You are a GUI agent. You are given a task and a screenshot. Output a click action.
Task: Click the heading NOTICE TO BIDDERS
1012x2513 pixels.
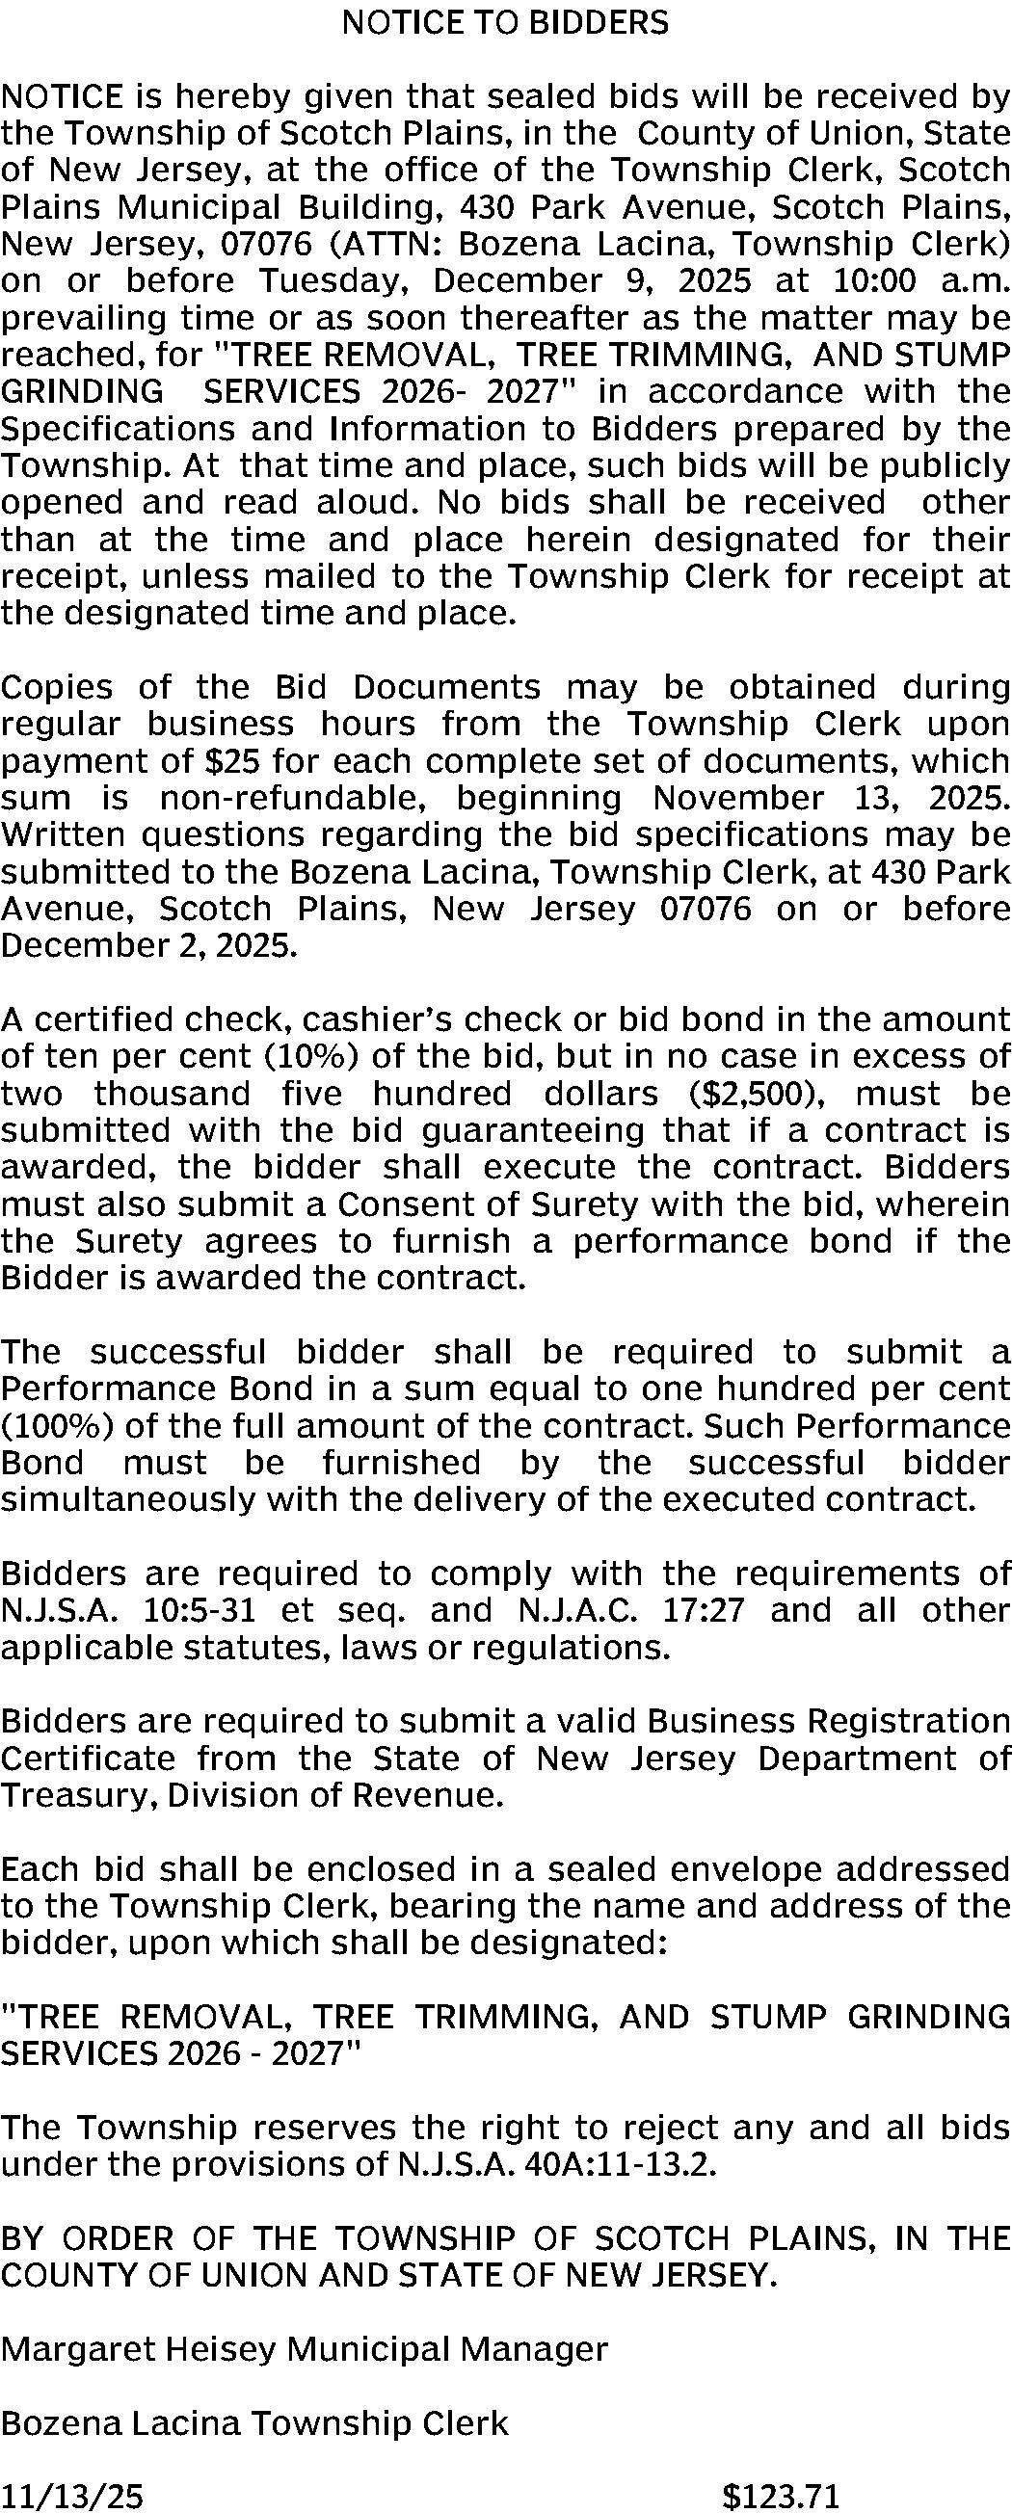click(x=505, y=22)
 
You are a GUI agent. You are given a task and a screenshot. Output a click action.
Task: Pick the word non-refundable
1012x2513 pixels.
click(x=292, y=798)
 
